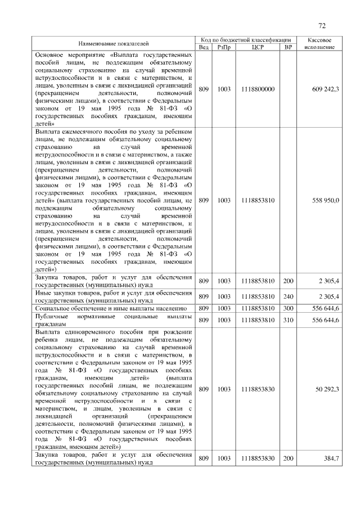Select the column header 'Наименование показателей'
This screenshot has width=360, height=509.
tap(114, 43)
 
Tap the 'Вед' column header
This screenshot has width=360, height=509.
tap(204, 47)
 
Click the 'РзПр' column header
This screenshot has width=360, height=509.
tap(223, 47)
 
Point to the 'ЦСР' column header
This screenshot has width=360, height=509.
tap(258, 47)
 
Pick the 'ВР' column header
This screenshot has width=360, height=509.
tap(288, 47)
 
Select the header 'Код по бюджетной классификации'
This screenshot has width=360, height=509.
tap(246, 40)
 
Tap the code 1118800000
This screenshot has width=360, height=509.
tap(258, 89)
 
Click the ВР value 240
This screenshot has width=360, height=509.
tap(288, 296)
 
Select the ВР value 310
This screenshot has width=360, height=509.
tap(288, 319)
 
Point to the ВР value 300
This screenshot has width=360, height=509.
tap(288, 308)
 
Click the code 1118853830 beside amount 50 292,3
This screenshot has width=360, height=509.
tap(258, 388)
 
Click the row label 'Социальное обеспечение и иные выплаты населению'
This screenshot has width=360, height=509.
tap(111, 308)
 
